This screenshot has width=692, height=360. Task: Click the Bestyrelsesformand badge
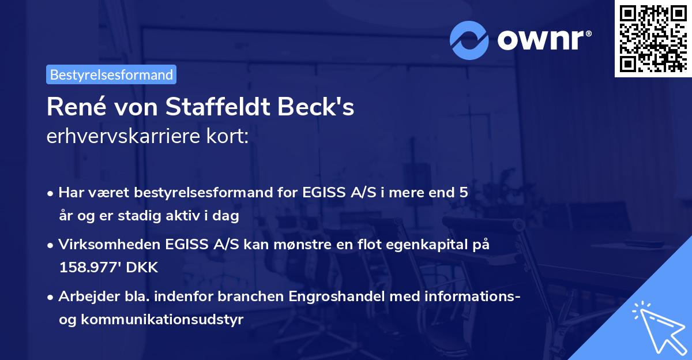pos(111,74)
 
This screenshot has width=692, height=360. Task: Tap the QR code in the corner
pos(652,38)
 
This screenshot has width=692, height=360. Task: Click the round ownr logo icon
pos(469,39)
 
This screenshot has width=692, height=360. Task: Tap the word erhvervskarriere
pos(119,137)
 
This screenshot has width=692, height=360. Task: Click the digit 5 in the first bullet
pos(463,193)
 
